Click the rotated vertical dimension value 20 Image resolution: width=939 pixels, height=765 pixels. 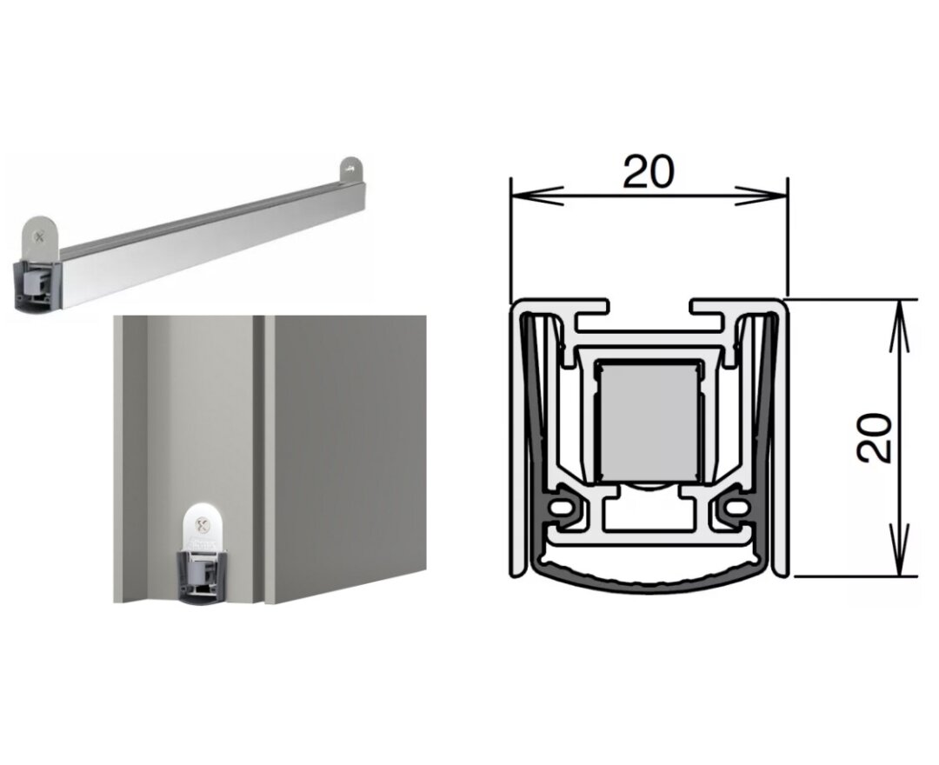tap(875, 437)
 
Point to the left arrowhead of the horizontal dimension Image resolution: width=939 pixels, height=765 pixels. tap(536, 195)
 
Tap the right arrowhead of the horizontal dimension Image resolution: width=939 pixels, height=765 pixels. tap(761, 195)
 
